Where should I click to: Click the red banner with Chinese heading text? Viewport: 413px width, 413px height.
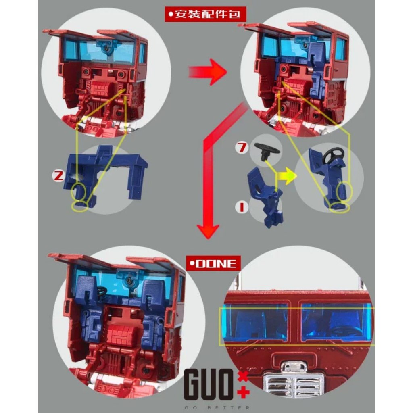[205, 14]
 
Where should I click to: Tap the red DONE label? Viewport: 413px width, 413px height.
[213, 263]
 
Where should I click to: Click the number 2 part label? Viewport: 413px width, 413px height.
[58, 176]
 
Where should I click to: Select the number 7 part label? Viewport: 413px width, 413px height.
[242, 148]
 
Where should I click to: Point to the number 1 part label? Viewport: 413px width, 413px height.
[242, 206]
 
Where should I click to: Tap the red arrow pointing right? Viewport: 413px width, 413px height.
[208, 72]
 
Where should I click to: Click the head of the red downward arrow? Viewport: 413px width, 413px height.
[208, 230]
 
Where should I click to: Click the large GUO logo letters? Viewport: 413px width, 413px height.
[208, 384]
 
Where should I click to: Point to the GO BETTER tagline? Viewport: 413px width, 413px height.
[217, 408]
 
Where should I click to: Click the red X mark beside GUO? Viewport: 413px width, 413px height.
[243, 377]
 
